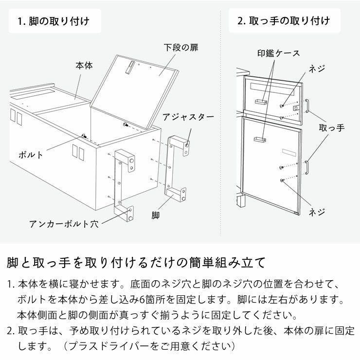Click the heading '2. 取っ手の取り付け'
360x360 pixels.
click(x=284, y=21)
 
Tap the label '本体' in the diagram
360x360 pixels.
click(x=84, y=65)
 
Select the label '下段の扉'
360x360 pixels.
click(x=180, y=48)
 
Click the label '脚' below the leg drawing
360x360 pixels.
click(x=155, y=214)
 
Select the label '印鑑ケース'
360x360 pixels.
click(x=278, y=53)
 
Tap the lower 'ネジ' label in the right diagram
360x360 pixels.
click(x=317, y=212)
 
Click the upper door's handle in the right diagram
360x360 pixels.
click(x=307, y=106)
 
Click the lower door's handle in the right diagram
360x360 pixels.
click(x=307, y=166)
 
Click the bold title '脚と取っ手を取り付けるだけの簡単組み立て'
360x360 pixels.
click(x=137, y=263)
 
